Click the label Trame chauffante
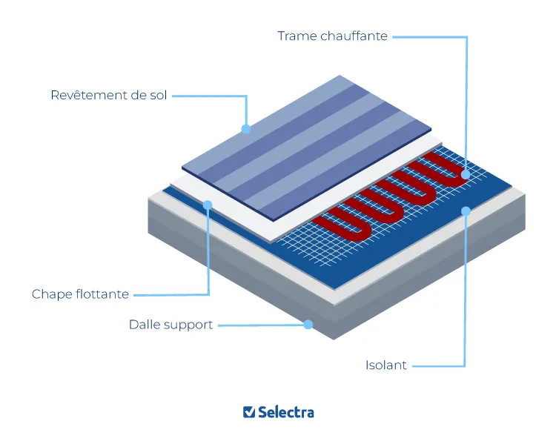coord(332,36)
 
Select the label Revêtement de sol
coord(108,96)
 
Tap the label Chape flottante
coord(80,294)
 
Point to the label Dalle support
coord(171,325)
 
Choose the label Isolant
coord(385,365)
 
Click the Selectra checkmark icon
coord(249,412)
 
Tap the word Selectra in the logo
coord(286,413)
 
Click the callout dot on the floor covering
coord(246,129)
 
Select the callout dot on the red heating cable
coord(466,174)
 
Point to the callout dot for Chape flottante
coord(208,205)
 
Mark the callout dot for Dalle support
coord(308,325)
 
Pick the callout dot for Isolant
coord(466,211)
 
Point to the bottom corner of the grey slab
coord(334,340)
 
